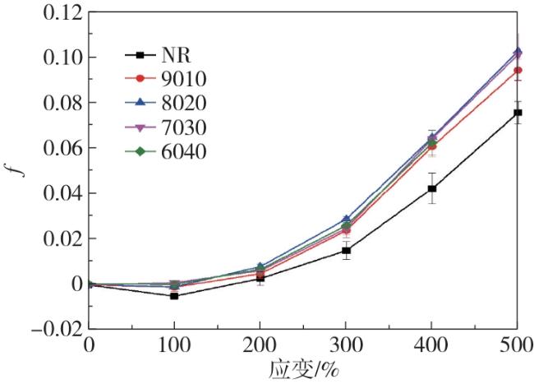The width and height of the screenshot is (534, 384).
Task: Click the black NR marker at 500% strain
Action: (x=518, y=113)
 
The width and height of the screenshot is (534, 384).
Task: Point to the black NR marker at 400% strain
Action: (x=431, y=188)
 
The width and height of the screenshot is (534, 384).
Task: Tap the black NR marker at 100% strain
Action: (x=174, y=295)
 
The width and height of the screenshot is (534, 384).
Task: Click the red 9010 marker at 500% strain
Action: (x=518, y=71)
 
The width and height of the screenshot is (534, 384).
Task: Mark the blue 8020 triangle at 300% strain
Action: (x=346, y=220)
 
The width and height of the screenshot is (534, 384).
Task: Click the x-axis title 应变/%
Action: (x=303, y=368)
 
